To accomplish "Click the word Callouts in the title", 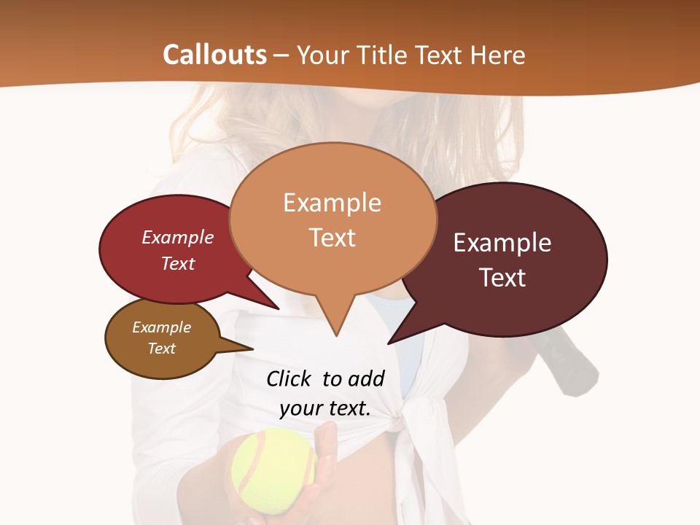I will coord(214,55).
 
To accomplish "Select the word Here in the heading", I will coord(499,55).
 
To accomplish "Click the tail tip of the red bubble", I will coord(279,308).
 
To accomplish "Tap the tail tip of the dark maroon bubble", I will coord(389,343).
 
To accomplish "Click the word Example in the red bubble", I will coord(178,237).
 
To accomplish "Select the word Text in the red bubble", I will coord(178,263).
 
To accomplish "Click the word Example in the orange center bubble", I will coord(332,203).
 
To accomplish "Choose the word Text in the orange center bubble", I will coord(332,237).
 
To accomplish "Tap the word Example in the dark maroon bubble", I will coord(502,243).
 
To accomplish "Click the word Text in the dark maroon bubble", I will coord(503,277).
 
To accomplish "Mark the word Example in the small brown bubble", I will coord(161,327).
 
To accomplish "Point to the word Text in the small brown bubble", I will coord(162,349).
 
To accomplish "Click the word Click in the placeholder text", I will coord(289,378).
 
